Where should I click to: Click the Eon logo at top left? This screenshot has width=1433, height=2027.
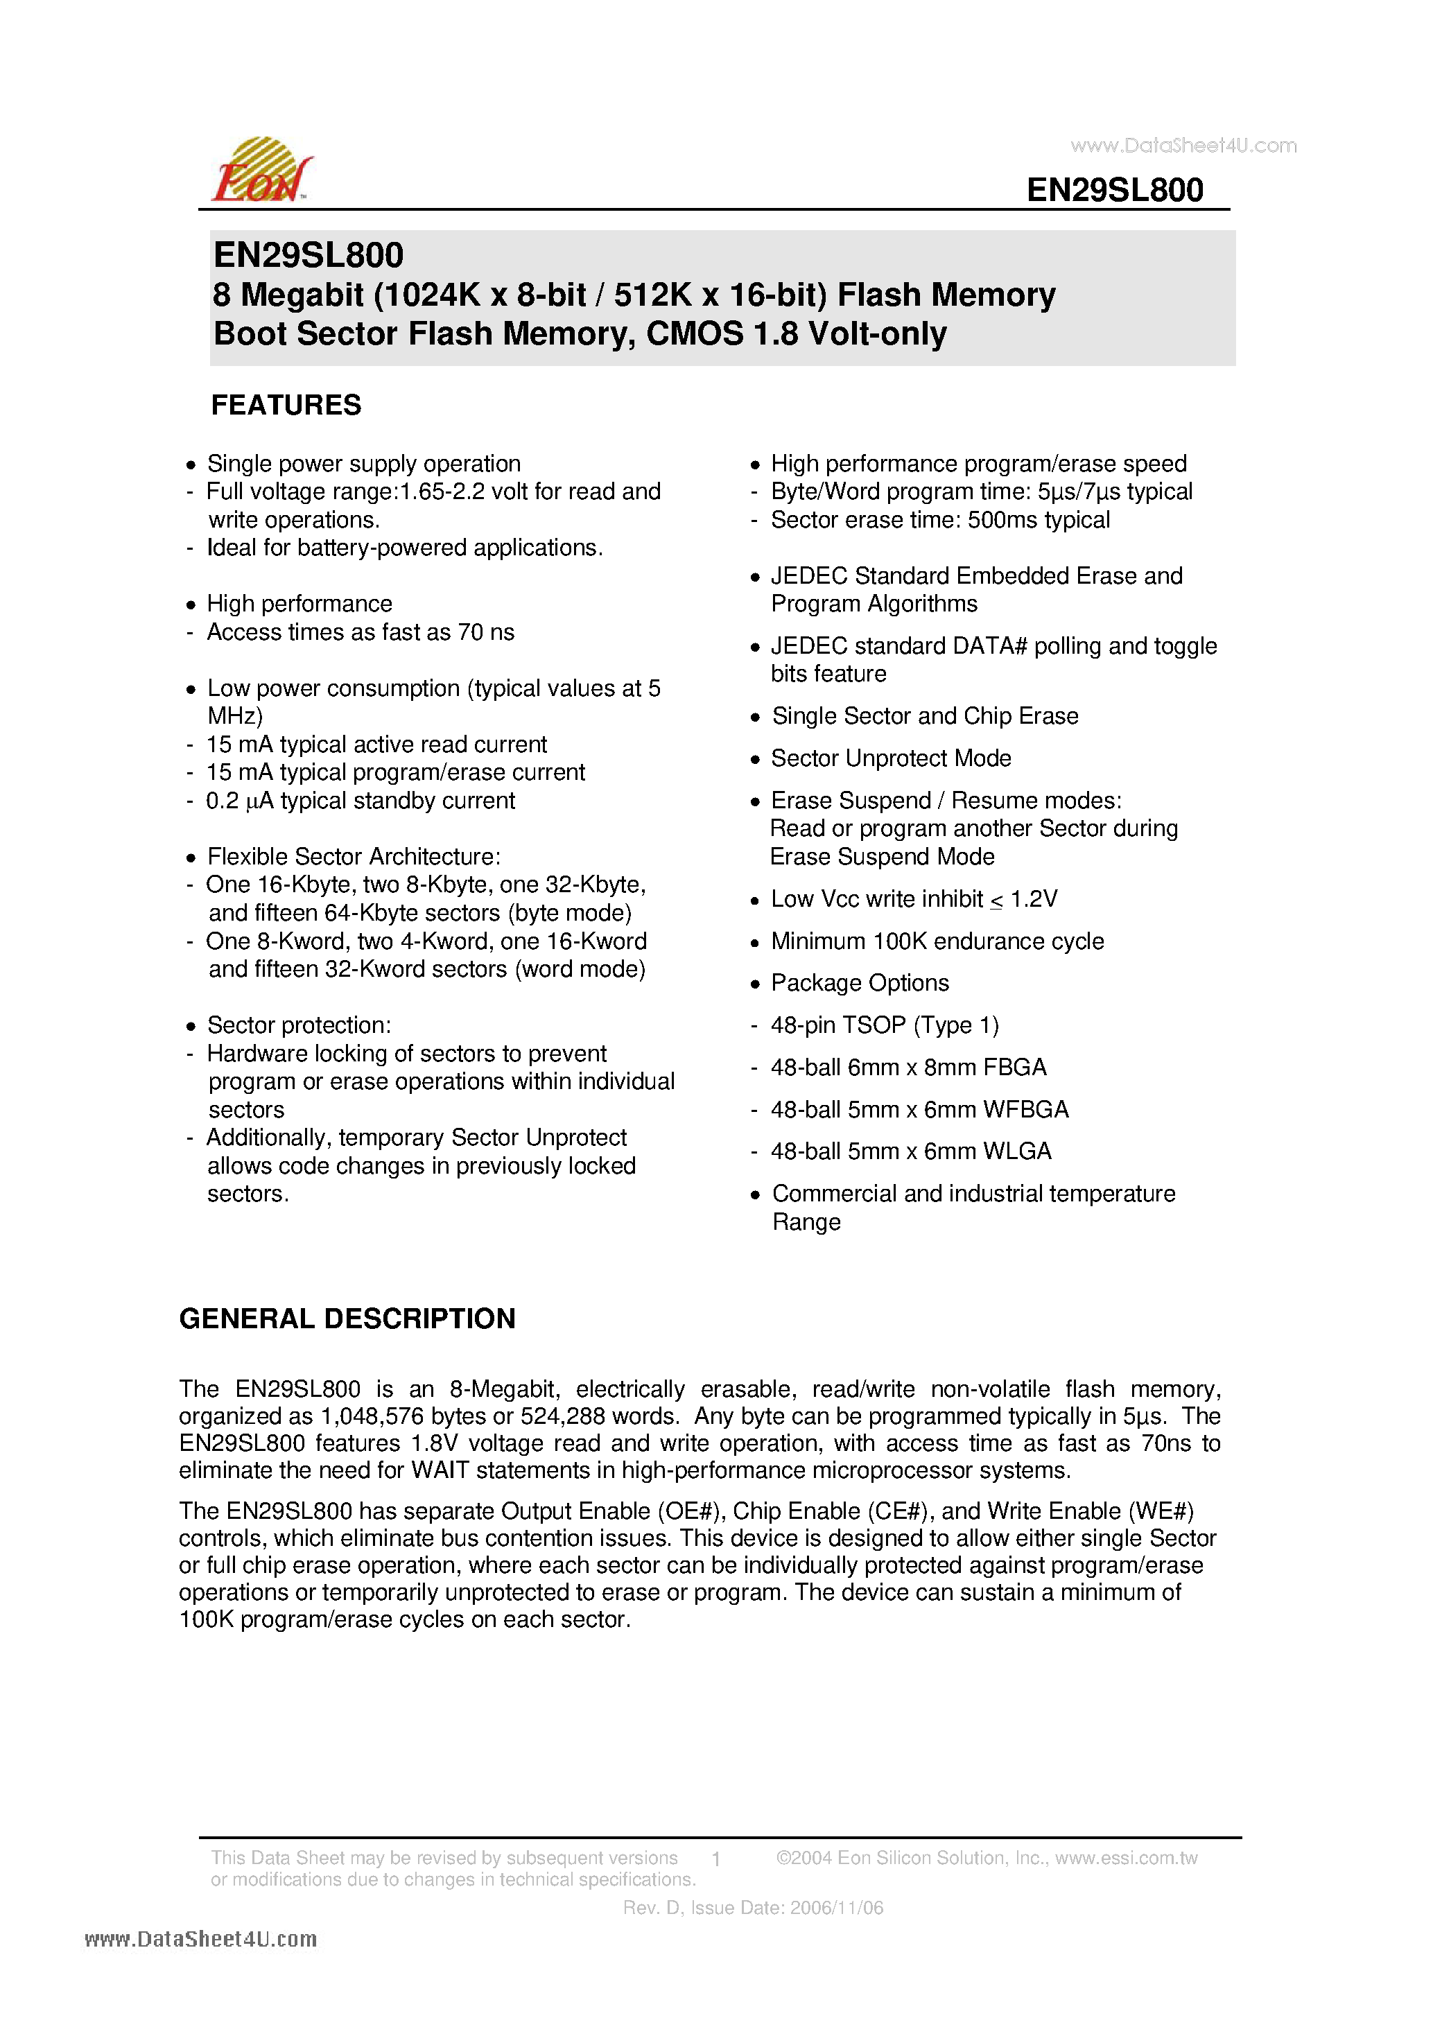point(261,171)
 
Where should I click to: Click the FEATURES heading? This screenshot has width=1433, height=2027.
point(286,406)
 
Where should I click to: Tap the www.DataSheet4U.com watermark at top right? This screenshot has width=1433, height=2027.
point(1183,146)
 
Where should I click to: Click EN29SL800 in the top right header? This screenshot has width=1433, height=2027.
point(1114,190)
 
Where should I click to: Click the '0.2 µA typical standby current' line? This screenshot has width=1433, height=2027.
point(361,801)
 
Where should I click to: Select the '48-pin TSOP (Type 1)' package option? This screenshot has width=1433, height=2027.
point(885,1025)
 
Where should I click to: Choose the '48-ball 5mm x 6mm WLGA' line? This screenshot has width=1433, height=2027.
point(911,1151)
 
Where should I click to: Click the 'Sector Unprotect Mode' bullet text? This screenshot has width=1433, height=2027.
point(891,758)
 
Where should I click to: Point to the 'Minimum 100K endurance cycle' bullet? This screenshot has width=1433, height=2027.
point(937,941)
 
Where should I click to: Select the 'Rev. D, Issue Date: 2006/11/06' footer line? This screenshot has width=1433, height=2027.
point(753,1908)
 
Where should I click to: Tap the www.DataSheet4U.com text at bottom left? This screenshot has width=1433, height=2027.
point(200,1939)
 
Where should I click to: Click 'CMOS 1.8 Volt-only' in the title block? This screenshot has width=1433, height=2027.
point(797,333)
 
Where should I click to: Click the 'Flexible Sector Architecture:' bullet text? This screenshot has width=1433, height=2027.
point(353,856)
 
